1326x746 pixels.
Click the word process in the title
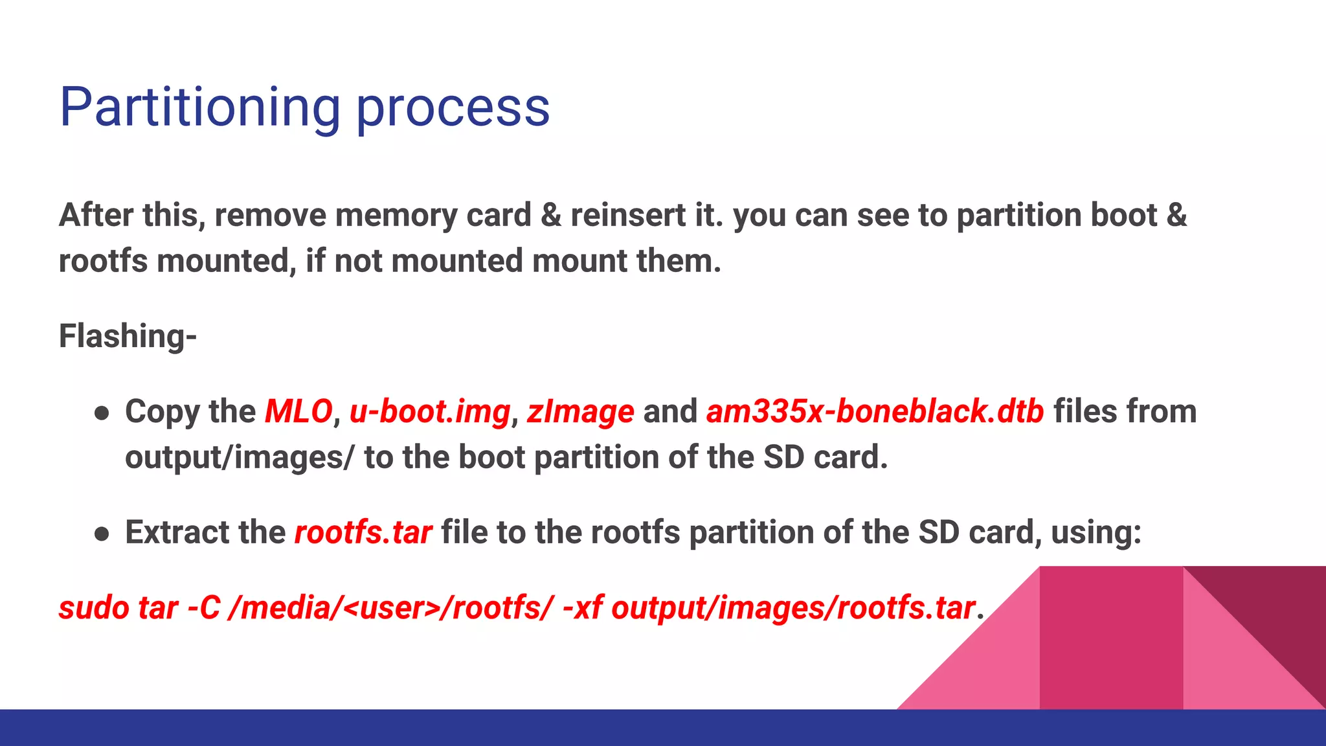(453, 108)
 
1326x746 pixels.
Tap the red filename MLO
(298, 412)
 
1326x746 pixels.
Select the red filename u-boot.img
(430, 412)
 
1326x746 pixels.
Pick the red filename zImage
(580, 412)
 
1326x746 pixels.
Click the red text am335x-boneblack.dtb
(875, 412)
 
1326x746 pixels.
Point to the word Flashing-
(128, 336)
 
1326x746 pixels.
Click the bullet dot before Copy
(101, 413)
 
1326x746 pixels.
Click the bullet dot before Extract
(101, 534)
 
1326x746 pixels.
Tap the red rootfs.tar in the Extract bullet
(363, 532)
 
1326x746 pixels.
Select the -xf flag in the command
(582, 608)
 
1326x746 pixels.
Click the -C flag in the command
(203, 608)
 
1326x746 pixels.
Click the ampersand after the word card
(550, 215)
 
